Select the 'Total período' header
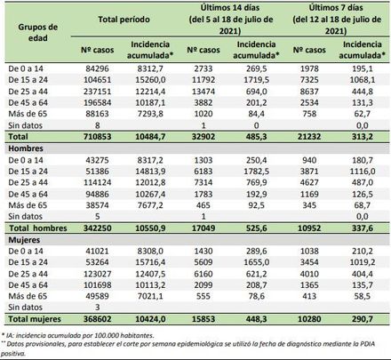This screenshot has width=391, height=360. point(123,18)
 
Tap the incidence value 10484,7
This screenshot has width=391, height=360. point(148,137)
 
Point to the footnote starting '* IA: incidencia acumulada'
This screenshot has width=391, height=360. point(80,333)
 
